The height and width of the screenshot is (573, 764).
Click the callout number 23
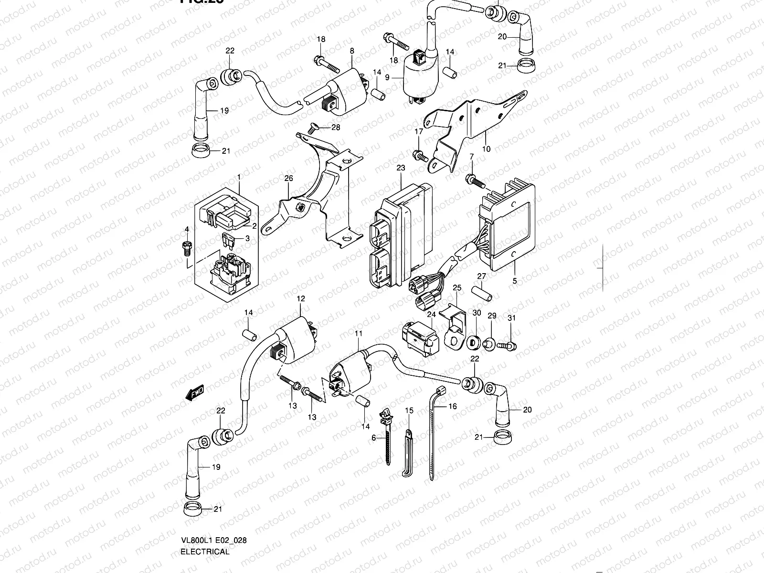pos(400,168)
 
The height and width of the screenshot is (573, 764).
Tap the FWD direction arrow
pos(195,393)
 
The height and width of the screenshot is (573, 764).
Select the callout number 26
pos(288,179)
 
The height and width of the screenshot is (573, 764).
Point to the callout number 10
pos(486,149)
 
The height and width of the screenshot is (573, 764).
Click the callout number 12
pos(300,298)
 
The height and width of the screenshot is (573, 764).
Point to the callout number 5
pos(514,281)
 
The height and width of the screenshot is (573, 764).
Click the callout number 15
pos(409,411)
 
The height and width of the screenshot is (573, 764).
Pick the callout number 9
pos(388,77)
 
